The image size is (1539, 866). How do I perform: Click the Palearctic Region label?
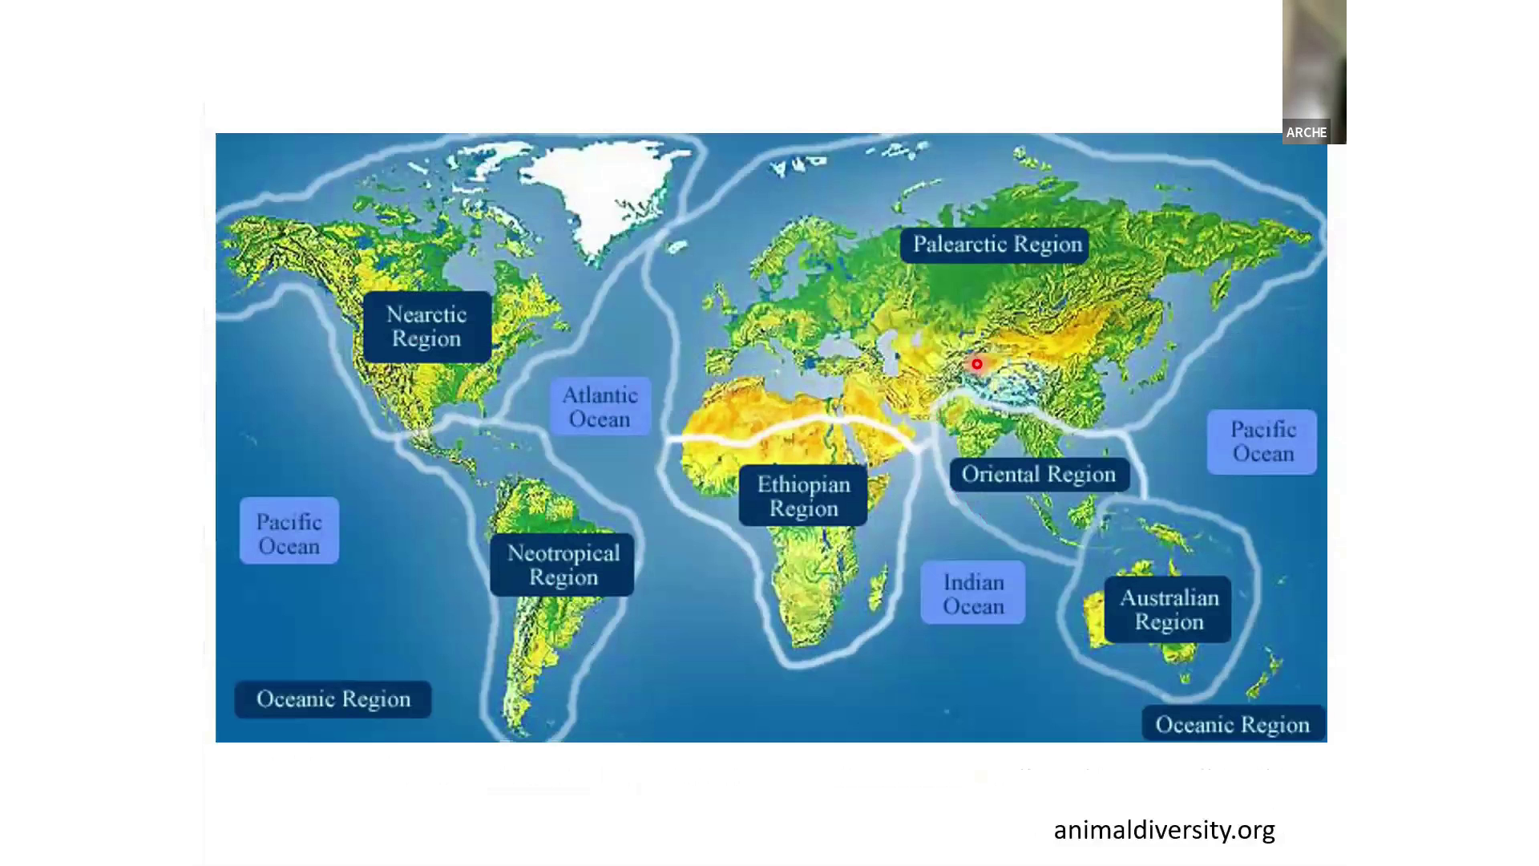(x=996, y=245)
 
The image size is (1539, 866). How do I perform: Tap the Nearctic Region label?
(x=426, y=326)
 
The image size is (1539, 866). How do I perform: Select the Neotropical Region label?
(x=563, y=565)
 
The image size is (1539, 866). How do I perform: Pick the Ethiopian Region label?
(x=803, y=496)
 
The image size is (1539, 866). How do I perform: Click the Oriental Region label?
(x=1038, y=475)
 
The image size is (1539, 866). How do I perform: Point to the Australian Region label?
(x=1169, y=609)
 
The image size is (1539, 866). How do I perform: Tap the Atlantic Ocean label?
(x=600, y=407)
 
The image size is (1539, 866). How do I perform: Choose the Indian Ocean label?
(x=973, y=594)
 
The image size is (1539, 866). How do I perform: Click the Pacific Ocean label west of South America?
(x=289, y=534)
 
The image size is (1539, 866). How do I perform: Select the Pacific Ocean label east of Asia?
(x=1262, y=442)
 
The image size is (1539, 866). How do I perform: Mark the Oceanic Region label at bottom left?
(x=333, y=699)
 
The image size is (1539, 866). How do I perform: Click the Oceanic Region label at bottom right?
(x=1233, y=725)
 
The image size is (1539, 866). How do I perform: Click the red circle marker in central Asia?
(x=977, y=365)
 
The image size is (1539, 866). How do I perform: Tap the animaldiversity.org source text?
(x=1164, y=830)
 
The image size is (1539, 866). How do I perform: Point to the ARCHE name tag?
(x=1306, y=132)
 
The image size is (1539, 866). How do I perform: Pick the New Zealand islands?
(x=1265, y=678)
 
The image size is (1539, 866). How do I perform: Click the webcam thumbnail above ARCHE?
(x=1314, y=60)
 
